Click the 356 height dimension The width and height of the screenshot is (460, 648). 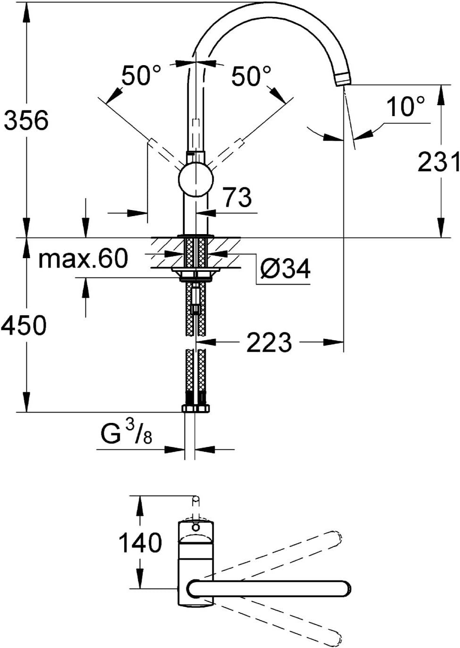click(x=26, y=120)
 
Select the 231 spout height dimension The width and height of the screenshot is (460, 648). click(x=438, y=162)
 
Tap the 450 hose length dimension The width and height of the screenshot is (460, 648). click(x=24, y=326)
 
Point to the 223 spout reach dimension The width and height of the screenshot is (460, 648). click(x=269, y=342)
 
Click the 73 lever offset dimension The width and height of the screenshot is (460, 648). click(x=237, y=197)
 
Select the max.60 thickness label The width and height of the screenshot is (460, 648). click(x=83, y=259)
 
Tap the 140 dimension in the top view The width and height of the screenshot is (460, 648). click(x=140, y=543)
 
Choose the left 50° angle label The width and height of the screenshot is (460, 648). click(x=141, y=76)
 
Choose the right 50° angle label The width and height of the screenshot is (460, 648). click(x=251, y=76)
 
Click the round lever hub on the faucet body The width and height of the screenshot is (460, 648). click(x=196, y=180)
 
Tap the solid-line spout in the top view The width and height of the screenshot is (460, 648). click(x=269, y=589)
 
